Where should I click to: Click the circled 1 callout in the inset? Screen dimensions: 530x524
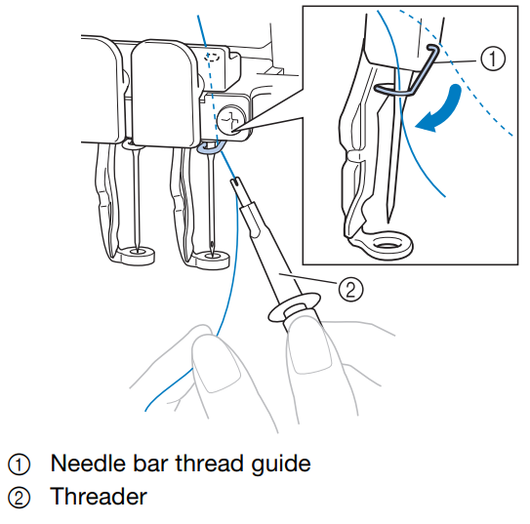point(493,59)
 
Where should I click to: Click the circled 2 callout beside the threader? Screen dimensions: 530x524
point(350,289)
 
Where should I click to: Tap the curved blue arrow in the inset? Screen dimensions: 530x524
point(439,108)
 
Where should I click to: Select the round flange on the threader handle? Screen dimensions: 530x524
point(294,306)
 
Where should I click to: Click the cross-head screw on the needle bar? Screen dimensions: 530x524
point(231,121)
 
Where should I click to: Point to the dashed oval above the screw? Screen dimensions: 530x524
point(212,57)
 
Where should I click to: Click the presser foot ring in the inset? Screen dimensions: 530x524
point(388,244)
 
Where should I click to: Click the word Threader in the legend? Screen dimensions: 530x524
point(99,497)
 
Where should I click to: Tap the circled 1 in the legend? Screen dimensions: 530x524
point(19,464)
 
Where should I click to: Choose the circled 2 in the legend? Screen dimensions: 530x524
point(19,498)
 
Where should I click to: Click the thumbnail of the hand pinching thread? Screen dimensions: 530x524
point(216,363)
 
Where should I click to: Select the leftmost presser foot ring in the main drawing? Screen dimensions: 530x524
point(137,255)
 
